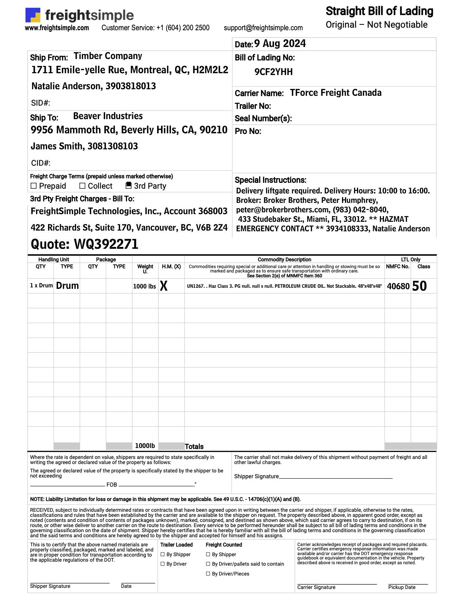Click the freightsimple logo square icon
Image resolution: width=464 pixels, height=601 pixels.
[x=32, y=15]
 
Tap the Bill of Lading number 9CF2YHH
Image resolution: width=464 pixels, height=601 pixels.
[x=273, y=72]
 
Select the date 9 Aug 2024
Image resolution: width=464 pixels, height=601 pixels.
[x=280, y=44]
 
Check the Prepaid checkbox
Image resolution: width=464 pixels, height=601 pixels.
[x=34, y=186]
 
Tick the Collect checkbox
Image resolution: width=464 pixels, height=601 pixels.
[x=83, y=186]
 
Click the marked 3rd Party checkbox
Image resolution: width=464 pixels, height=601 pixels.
[x=128, y=185]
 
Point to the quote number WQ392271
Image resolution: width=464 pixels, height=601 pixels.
[x=106, y=244]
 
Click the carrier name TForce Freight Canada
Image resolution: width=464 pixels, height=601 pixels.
[x=336, y=93]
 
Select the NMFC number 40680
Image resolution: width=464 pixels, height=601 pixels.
[x=398, y=286]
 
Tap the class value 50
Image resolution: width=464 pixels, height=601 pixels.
[x=419, y=286]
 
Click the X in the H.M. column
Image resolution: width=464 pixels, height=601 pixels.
[x=164, y=286]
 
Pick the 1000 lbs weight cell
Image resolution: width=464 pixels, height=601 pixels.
[x=144, y=286]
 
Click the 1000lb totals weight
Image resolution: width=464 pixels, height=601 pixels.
[x=145, y=446]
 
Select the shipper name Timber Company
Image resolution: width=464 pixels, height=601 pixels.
[x=108, y=56]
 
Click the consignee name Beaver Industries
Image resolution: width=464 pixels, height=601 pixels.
[x=108, y=116]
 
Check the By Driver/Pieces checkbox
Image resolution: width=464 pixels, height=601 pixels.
[x=208, y=574]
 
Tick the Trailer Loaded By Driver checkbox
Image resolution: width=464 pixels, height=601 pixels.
[x=163, y=564]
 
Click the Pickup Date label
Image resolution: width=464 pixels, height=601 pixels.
[x=401, y=587]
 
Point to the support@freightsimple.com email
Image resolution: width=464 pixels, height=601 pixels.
[x=263, y=28]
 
